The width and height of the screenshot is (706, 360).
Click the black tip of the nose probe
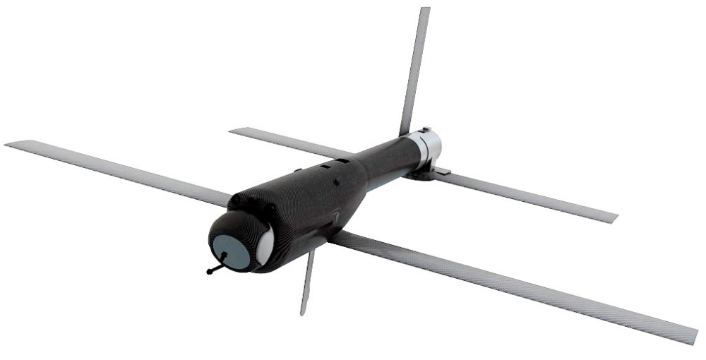[x=210, y=272]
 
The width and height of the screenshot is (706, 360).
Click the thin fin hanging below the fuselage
[x=307, y=282]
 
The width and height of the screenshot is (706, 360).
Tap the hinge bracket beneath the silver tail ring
[x=427, y=172]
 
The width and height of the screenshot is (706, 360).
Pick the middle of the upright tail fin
[x=415, y=71]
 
